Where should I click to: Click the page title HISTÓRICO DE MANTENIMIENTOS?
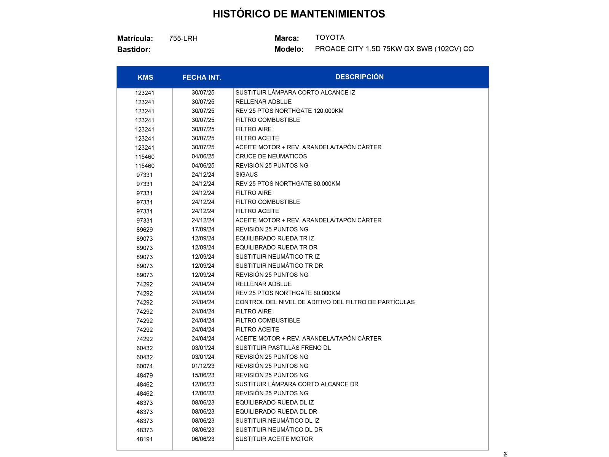(299, 14)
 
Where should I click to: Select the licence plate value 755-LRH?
(183, 38)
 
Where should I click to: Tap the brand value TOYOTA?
(330, 37)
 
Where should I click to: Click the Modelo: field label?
(289, 49)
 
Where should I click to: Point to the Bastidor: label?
(134, 50)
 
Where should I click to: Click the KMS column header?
(145, 77)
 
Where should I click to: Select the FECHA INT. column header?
(202, 77)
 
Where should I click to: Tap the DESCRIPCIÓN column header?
(359, 77)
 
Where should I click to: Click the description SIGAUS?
(246, 174)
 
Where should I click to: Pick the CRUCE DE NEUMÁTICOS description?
(271, 156)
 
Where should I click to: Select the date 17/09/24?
(203, 229)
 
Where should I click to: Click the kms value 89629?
(145, 230)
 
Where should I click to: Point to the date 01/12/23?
(203, 366)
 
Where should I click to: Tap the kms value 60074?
(145, 366)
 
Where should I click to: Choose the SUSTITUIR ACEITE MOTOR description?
(274, 439)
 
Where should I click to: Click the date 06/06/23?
(203, 439)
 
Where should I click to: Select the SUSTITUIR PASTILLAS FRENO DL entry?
(283, 348)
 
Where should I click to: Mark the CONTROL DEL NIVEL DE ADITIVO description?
(325, 302)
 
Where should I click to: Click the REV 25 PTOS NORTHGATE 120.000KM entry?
(289, 111)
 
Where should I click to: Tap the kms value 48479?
(145, 376)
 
